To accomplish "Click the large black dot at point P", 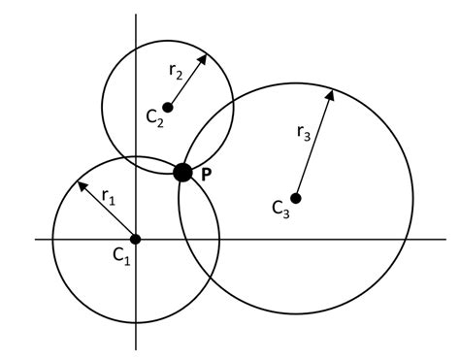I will [x=182, y=173].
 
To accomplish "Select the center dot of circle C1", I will [x=136, y=239].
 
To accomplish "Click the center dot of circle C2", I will [x=168, y=107].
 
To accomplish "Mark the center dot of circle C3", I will [x=296, y=198].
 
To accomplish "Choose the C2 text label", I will [x=154, y=116].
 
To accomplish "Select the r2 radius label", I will [x=176, y=70].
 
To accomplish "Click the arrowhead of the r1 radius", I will [x=81, y=182].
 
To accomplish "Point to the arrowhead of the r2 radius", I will [x=206, y=55].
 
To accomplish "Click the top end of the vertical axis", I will [x=136, y=16].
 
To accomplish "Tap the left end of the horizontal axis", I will [x=36, y=239].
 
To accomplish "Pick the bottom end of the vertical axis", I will [x=136, y=349].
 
